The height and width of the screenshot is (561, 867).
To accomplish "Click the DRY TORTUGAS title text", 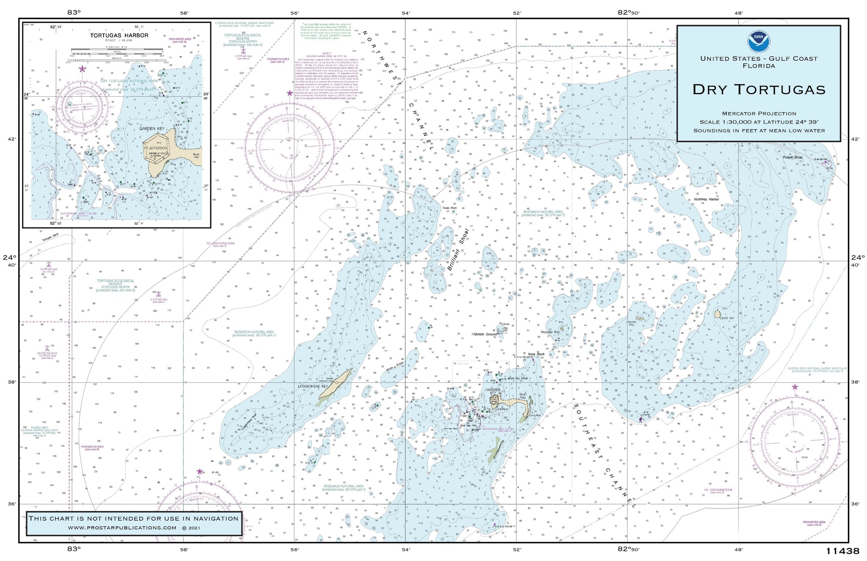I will [x=759, y=89].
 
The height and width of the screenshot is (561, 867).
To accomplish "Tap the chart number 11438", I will [x=842, y=551].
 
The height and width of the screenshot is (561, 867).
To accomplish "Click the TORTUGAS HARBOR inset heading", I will [x=119, y=36].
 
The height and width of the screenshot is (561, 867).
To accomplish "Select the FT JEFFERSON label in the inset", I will [x=155, y=148].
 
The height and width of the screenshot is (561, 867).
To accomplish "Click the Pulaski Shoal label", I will [x=792, y=157].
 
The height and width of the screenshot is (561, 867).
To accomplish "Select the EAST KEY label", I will [x=728, y=318].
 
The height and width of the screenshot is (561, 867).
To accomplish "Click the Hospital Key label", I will [x=550, y=332].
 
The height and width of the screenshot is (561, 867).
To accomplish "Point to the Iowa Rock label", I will [x=536, y=354].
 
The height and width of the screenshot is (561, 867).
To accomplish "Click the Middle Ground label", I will [x=485, y=334].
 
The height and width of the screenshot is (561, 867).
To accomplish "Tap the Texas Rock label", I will [x=450, y=208].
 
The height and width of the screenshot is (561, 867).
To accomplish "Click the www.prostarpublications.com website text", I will [x=122, y=528].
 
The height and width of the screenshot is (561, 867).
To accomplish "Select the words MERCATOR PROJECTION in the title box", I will [x=759, y=114].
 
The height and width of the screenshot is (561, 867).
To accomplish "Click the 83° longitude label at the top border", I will [x=74, y=13].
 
